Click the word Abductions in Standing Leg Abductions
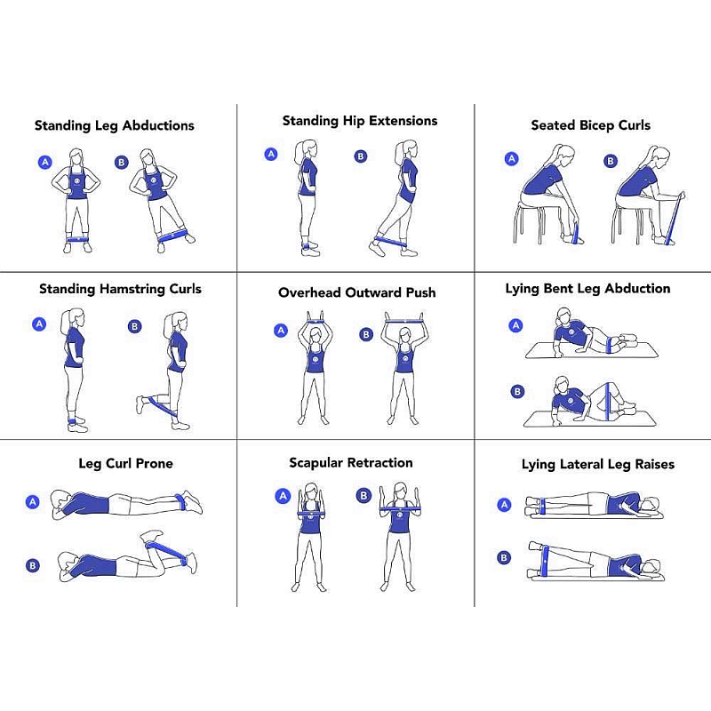click(x=158, y=125)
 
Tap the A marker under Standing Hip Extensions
click(x=271, y=154)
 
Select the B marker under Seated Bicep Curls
click(x=611, y=161)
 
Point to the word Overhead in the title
click(x=310, y=293)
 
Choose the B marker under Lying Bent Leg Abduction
click(x=517, y=391)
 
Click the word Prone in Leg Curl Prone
click(x=154, y=463)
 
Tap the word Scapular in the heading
click(x=316, y=463)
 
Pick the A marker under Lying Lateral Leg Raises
click(x=504, y=504)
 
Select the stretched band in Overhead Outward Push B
click(x=404, y=322)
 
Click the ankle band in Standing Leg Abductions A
click(x=77, y=239)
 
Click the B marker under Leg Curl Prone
click(x=33, y=565)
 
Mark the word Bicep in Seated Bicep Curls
click(x=597, y=125)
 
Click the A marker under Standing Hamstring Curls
click(x=39, y=324)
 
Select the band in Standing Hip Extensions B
click(x=391, y=241)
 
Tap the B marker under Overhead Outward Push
click(x=366, y=334)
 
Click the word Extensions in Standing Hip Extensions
click(x=403, y=121)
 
